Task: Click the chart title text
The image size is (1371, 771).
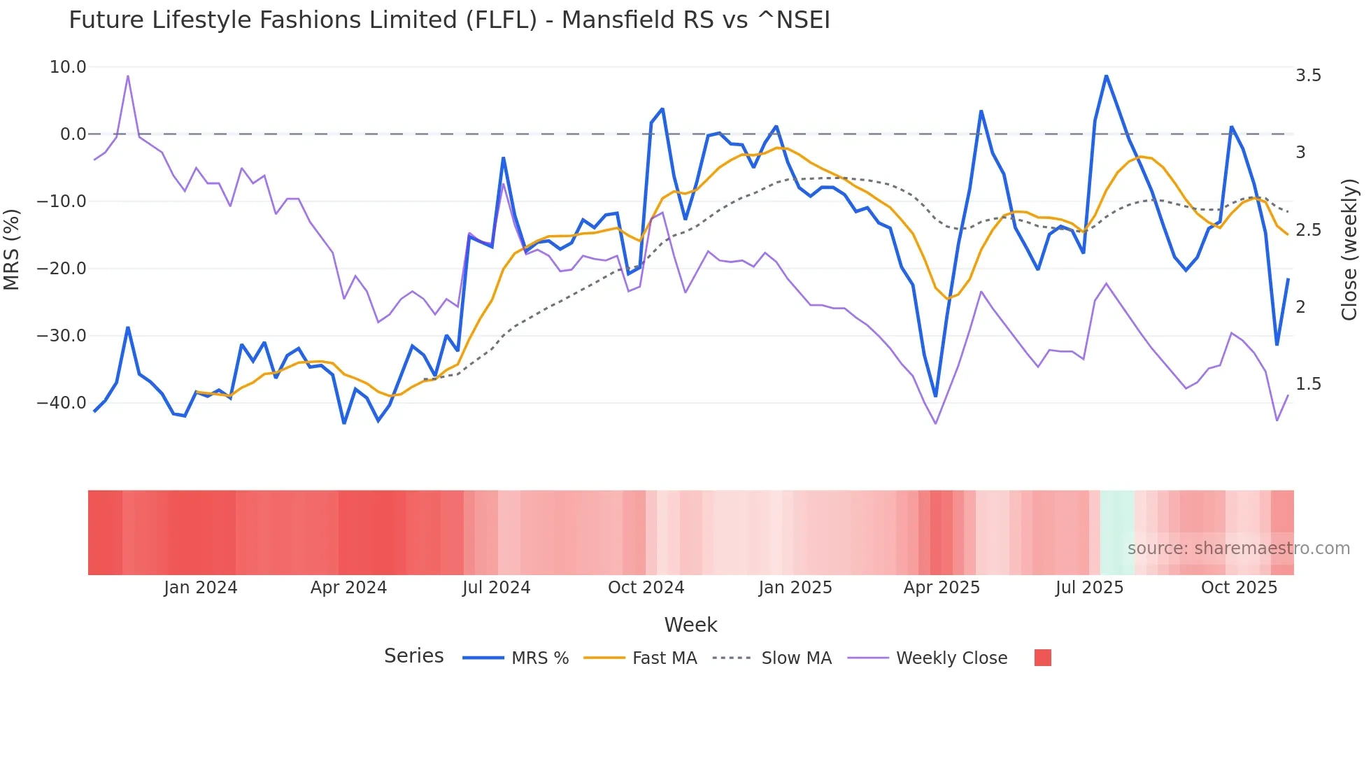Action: (449, 20)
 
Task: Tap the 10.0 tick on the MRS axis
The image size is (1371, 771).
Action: (68, 67)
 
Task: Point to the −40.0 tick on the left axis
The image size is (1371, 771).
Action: (62, 403)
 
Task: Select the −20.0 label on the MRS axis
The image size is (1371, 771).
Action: (62, 269)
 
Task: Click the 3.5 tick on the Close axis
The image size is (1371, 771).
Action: (1308, 76)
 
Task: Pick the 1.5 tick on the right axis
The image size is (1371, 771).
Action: (1308, 384)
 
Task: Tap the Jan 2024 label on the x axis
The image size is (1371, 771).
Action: (201, 588)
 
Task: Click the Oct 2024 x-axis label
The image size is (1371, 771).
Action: (646, 588)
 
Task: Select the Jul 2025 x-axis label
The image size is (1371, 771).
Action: (1089, 588)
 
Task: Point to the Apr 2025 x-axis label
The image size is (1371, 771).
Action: (942, 588)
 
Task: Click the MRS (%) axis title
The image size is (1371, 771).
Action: (12, 249)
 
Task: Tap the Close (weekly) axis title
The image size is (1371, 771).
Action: (1349, 249)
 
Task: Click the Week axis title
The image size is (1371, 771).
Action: (690, 625)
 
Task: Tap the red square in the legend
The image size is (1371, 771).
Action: (1042, 658)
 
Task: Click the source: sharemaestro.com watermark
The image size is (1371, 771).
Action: (1238, 549)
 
